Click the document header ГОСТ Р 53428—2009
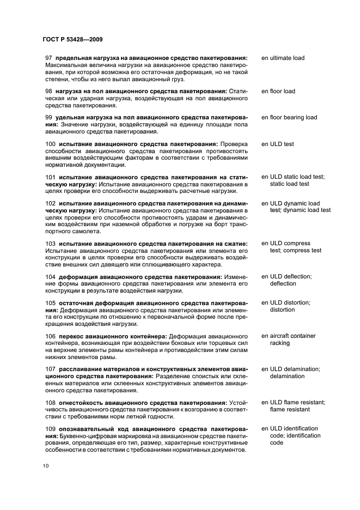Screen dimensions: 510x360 point(72,40)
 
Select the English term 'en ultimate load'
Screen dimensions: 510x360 point(283,58)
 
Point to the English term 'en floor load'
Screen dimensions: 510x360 point(278,91)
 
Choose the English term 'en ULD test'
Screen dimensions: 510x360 point(278,144)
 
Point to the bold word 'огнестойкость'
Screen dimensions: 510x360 point(83,403)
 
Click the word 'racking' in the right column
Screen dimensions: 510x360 point(280,343)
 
